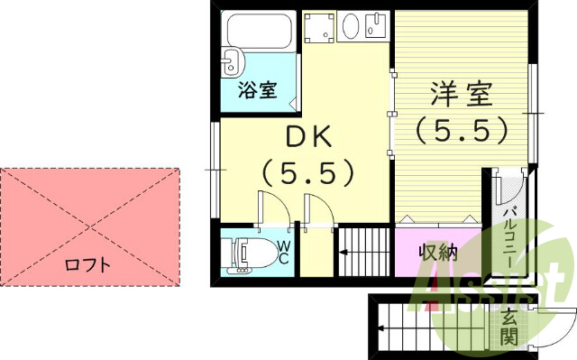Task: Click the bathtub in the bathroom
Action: pyautogui.click(x=261, y=32)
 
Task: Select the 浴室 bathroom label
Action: pyautogui.click(x=257, y=90)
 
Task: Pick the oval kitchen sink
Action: pyautogui.click(x=351, y=29)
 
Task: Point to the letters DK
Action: pyautogui.click(x=309, y=137)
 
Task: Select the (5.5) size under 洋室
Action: pyautogui.click(x=463, y=133)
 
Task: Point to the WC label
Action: pyautogui.click(x=283, y=252)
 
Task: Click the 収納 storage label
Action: pyautogui.click(x=439, y=253)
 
